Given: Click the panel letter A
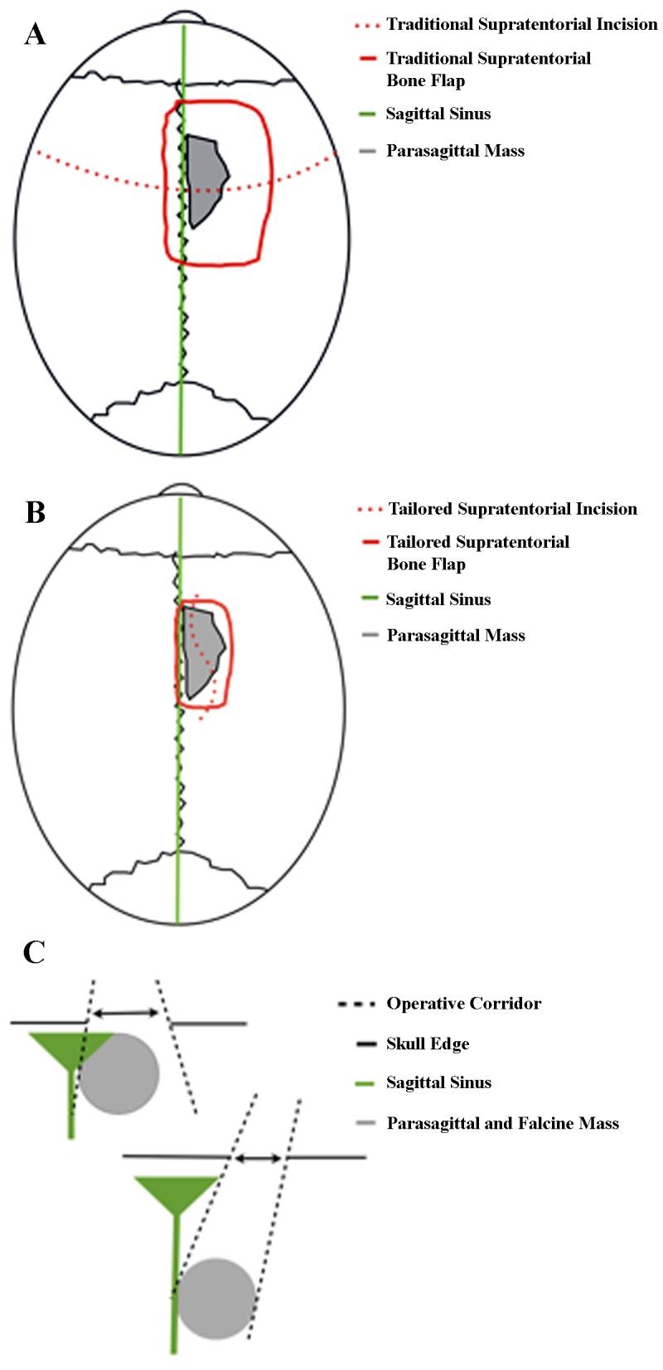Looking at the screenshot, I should point(35,34).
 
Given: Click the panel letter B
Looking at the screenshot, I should point(35,511).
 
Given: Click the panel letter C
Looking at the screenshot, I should point(34,952).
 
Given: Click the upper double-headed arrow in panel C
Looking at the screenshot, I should point(124,1013).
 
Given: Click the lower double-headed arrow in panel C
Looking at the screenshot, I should point(259,1157).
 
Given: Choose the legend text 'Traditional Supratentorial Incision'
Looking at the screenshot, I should point(521,24).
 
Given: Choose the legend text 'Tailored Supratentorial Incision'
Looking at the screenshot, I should point(512,508).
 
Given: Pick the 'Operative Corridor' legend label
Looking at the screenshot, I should point(463,1003).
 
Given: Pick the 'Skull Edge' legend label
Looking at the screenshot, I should point(428,1043).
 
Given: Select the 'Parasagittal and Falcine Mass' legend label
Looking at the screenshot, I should point(502,1123).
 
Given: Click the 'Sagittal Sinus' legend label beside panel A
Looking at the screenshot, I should point(438,114).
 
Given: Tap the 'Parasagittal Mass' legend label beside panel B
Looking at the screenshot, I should point(456,636).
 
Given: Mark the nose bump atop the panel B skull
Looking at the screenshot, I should point(179,491).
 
